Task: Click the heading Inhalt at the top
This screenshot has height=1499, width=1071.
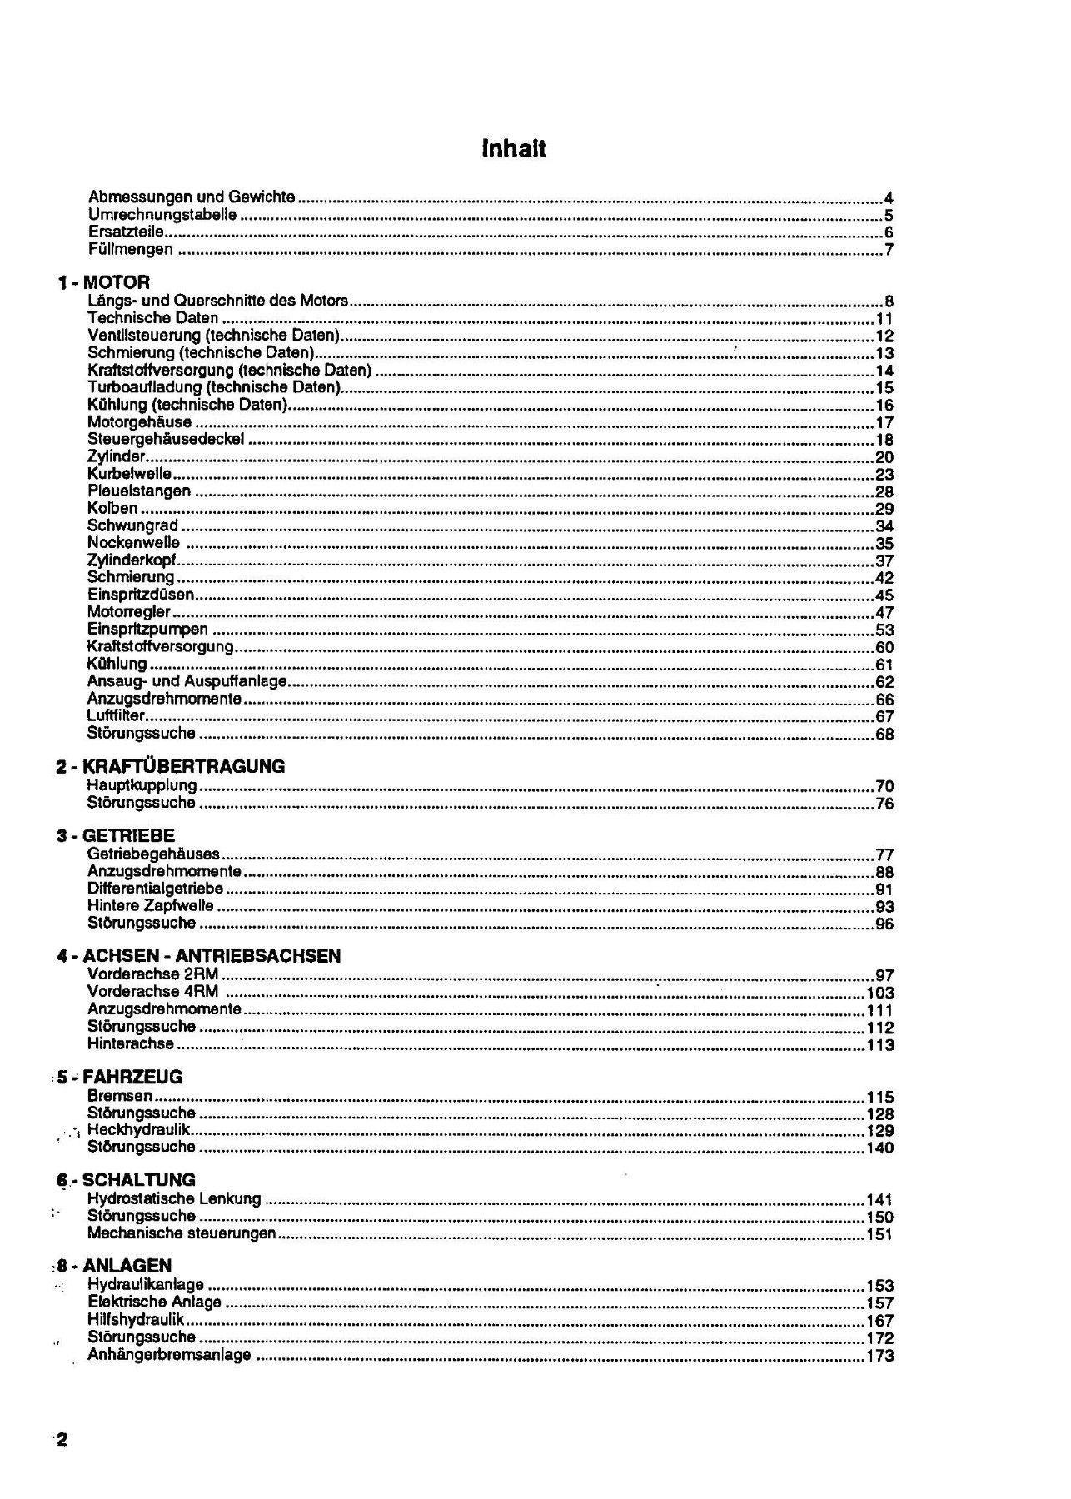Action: [x=514, y=149]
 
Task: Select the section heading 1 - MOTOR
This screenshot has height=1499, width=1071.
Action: [x=104, y=282]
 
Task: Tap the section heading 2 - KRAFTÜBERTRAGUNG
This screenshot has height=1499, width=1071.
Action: [x=171, y=766]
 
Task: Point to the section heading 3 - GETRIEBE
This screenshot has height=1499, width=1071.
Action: [x=116, y=835]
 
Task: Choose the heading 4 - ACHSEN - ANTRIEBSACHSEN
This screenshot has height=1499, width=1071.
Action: [x=199, y=956]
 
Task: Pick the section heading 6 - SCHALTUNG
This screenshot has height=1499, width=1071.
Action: [x=127, y=1180]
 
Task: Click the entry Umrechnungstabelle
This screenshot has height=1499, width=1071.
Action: [x=162, y=215]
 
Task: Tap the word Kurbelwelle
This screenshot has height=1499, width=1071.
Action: [x=129, y=474]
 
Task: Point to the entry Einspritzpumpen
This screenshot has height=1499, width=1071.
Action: [x=147, y=630]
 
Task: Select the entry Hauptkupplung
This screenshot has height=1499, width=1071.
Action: [x=142, y=785]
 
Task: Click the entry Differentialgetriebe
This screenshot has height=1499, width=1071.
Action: [x=155, y=889]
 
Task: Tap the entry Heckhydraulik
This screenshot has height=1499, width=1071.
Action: [x=139, y=1130]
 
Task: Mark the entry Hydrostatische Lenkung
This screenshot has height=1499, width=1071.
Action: [x=174, y=1199]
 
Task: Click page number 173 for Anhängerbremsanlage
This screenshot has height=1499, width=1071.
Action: [x=880, y=1356]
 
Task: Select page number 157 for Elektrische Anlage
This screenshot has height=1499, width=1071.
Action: [x=880, y=1303]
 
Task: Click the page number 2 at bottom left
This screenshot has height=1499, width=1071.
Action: [x=62, y=1441]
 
